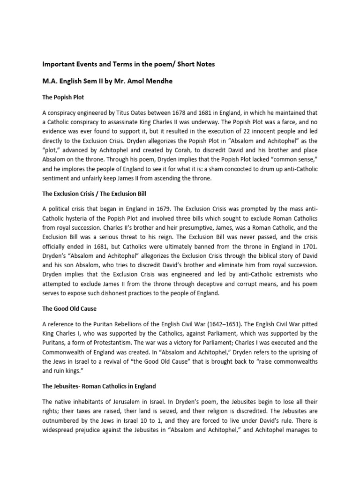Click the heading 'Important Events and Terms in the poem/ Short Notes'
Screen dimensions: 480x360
128,64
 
